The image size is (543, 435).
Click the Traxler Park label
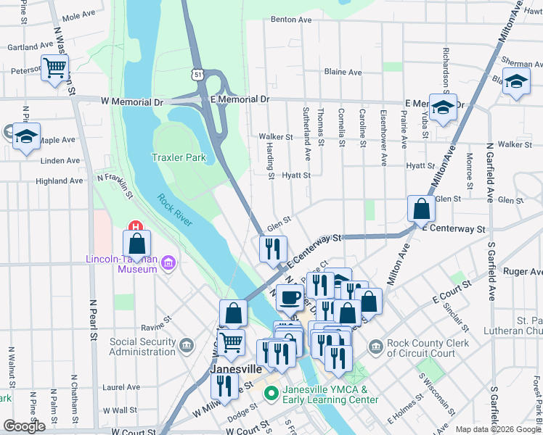[179, 157]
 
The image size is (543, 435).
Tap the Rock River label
[173, 210]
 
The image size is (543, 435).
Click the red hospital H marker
[133, 226]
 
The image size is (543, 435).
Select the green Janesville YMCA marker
[271, 394]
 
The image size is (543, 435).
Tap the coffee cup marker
[290, 297]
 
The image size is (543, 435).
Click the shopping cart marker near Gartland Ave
[55, 69]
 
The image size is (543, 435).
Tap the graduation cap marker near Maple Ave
[26, 136]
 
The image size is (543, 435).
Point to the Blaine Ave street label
[343, 72]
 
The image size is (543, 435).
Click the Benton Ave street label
[290, 20]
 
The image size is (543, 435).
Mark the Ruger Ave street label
[523, 272]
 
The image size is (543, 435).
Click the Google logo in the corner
[24, 426]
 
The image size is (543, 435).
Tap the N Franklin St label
[116, 184]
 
